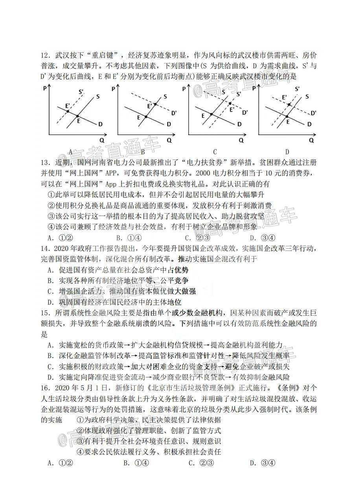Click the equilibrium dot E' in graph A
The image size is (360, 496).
pyautogui.click(x=67, y=112)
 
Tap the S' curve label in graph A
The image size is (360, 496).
pyautogui.click(x=81, y=93)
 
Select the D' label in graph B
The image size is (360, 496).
pyautogui.click(x=174, y=113)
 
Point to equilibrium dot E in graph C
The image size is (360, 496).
pyautogui.click(x=211, y=114)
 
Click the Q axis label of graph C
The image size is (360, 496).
pyautogui.click(x=241, y=140)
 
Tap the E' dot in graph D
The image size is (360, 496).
pyautogui.click(x=290, y=104)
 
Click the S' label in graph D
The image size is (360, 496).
pyautogui.click(x=297, y=89)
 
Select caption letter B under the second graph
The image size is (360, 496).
pyautogui.click(x=143, y=152)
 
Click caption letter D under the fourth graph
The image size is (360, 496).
pyautogui.click(x=287, y=152)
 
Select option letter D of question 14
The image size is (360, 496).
pyautogui.click(x=50, y=302)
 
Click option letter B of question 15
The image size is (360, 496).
pyautogui.click(x=50, y=356)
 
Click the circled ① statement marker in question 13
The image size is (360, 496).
pyautogui.click(x=51, y=194)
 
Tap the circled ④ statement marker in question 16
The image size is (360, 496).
pyautogui.click(x=80, y=452)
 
